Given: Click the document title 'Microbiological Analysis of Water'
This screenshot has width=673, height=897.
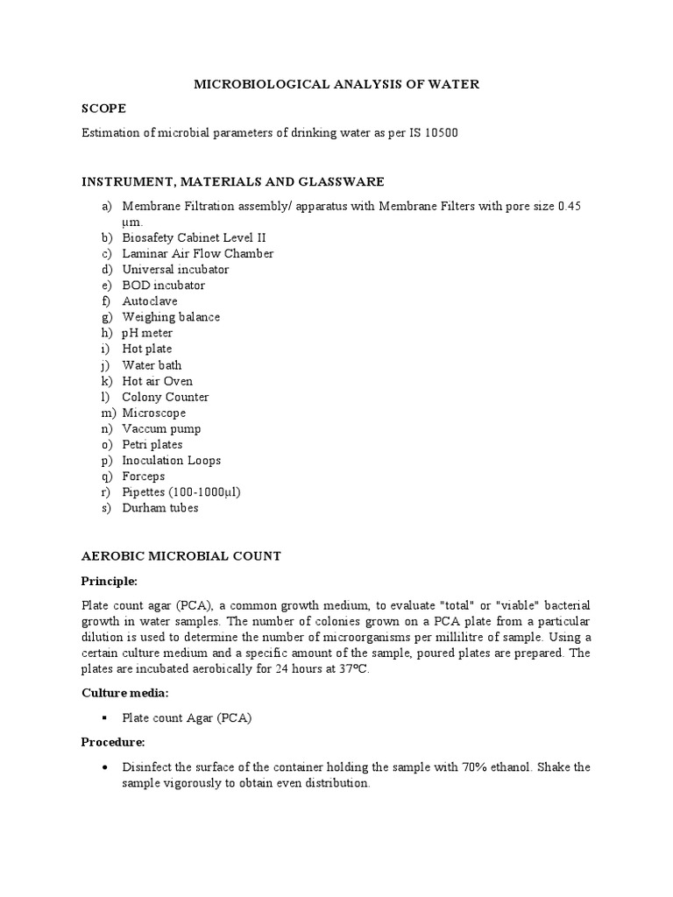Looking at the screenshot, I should [x=336, y=84].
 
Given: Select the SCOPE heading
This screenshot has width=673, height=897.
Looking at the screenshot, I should [x=103, y=109].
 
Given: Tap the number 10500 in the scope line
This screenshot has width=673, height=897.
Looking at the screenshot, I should [x=440, y=133].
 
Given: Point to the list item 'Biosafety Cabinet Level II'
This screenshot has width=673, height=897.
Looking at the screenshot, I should [x=194, y=237].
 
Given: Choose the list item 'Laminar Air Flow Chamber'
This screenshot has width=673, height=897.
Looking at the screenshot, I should [x=198, y=253].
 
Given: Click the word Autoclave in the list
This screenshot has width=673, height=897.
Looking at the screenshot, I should [x=150, y=301].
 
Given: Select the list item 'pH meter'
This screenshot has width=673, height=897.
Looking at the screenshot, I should [x=147, y=333].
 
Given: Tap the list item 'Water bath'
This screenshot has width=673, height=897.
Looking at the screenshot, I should [x=152, y=365].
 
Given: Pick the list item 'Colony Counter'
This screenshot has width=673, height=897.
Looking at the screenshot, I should [x=165, y=397].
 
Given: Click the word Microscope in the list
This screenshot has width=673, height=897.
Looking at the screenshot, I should [x=154, y=413].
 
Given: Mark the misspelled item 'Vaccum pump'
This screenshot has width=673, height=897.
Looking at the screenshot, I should [x=161, y=428].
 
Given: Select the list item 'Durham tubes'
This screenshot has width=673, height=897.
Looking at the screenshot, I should [x=160, y=508].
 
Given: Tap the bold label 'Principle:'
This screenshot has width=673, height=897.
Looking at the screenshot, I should [x=110, y=581].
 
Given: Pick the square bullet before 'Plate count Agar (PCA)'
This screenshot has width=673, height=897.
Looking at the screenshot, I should [x=104, y=718].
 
